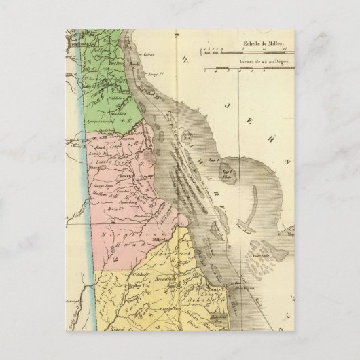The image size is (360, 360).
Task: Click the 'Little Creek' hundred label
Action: (x=113, y=163)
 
